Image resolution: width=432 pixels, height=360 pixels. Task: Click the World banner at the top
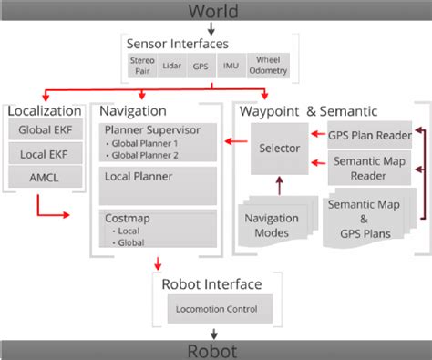point(216,11)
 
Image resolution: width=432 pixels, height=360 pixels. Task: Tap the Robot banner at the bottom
point(216,349)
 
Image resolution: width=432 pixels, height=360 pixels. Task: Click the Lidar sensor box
point(171,67)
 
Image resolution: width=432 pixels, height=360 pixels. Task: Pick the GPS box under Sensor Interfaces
point(201,67)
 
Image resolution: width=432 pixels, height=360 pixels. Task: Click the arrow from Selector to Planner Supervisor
point(240,141)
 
